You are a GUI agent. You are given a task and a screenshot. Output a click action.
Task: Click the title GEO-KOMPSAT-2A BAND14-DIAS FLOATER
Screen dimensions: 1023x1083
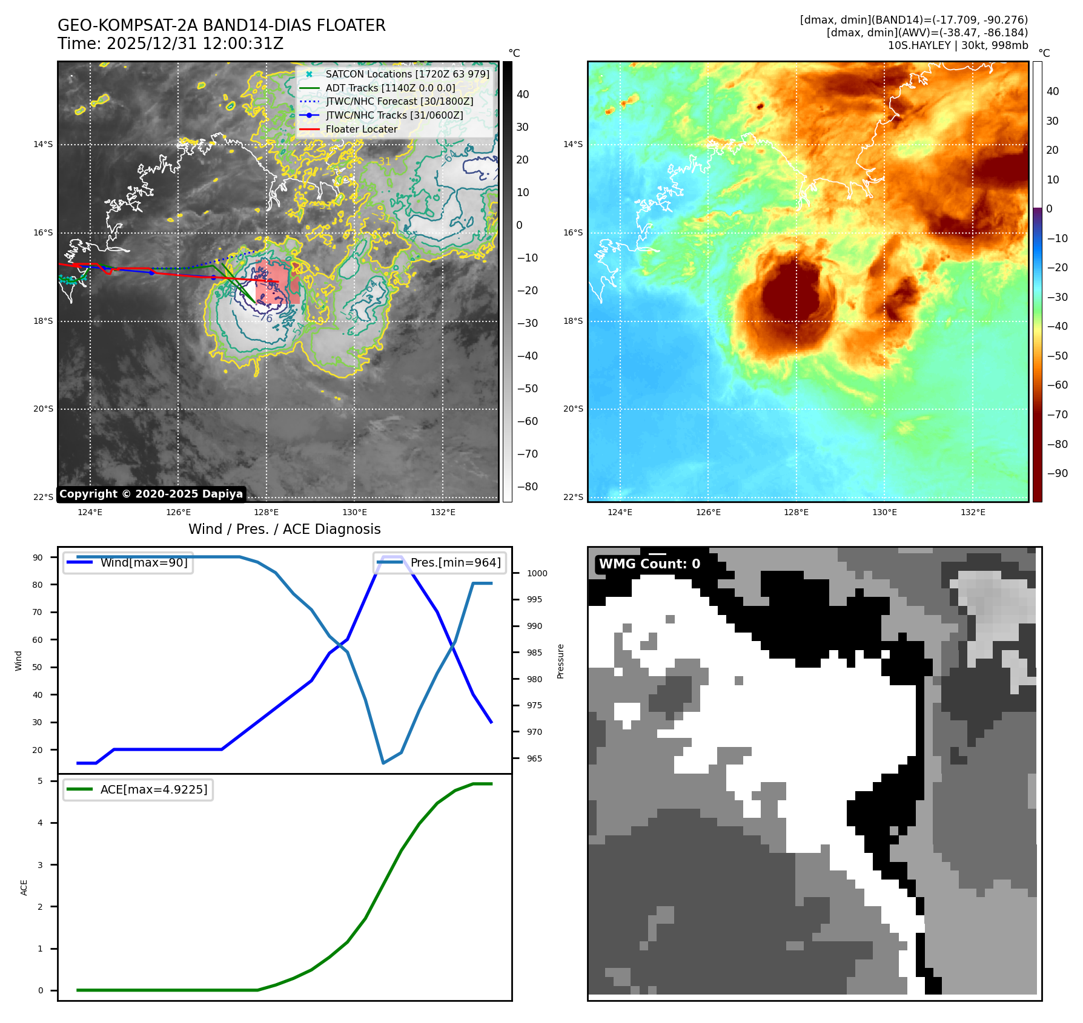(x=221, y=25)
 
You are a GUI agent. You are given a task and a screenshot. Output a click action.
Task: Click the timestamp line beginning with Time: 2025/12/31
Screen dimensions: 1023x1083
(x=170, y=44)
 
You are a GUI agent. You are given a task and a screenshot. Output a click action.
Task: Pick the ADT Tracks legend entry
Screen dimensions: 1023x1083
(x=390, y=88)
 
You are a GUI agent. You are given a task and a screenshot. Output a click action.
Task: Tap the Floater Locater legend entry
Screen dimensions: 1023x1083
(x=361, y=129)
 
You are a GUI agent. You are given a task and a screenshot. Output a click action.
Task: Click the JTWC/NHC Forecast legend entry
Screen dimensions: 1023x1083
(x=399, y=101)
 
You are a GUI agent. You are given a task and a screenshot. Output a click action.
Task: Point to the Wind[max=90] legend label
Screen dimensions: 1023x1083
(x=144, y=562)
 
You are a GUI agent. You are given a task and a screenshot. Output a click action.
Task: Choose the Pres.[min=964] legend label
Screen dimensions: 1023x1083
(x=455, y=562)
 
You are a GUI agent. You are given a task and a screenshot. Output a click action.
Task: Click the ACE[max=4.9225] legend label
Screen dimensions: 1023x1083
(x=154, y=789)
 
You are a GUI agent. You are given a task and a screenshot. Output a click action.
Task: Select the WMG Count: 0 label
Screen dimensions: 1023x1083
(x=649, y=564)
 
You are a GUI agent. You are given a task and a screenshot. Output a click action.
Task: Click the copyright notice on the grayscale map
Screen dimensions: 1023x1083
(x=151, y=494)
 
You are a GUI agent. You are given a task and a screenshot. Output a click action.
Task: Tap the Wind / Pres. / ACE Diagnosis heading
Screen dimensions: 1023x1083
(x=284, y=529)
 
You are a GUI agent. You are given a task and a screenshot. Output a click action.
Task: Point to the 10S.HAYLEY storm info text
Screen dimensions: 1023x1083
(x=958, y=45)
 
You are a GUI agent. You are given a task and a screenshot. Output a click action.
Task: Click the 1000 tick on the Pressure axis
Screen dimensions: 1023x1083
(x=537, y=573)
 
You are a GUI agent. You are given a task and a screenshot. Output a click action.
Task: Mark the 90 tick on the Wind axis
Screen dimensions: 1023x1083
(x=38, y=558)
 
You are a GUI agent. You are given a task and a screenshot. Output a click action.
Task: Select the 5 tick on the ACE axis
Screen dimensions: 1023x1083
(x=41, y=781)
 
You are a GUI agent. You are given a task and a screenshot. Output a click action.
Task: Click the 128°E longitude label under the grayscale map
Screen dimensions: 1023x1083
(x=267, y=512)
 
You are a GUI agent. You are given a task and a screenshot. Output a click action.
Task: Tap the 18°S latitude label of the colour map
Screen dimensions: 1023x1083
(x=573, y=321)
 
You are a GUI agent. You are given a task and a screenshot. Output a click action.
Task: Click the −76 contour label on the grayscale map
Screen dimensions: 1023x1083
(x=262, y=318)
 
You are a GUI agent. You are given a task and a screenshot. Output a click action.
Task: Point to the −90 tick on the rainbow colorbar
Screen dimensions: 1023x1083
(x=1057, y=473)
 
